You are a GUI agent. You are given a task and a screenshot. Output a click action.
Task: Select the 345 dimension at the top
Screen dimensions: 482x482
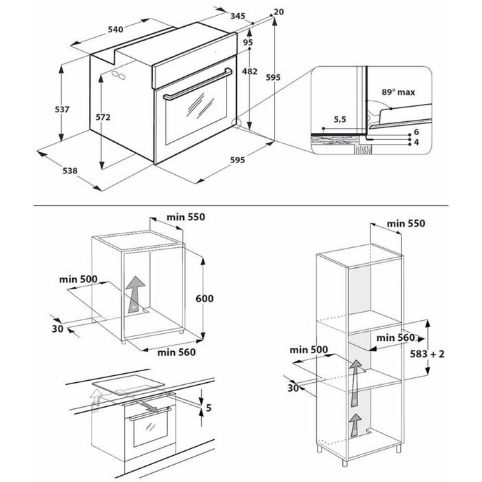point(238,15)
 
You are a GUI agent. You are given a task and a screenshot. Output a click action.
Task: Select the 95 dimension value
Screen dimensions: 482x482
point(248,43)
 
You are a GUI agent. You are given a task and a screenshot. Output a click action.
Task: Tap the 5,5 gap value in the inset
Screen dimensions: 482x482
point(339,119)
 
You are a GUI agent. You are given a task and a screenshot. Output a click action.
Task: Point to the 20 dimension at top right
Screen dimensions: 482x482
point(278,12)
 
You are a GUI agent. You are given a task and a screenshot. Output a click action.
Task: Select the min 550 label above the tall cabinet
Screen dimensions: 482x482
point(406,223)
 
